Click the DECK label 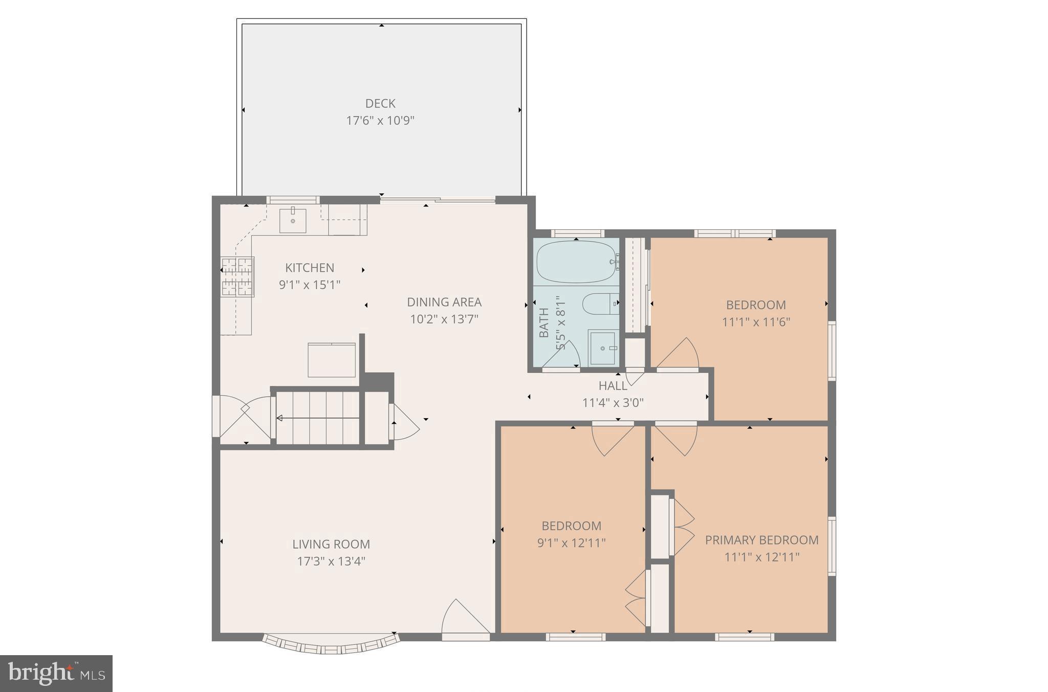[380, 103]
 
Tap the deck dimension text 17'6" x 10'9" [380, 121]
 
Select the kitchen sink [293, 221]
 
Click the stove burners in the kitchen [237, 277]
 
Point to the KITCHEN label [310, 268]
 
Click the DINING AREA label [444, 302]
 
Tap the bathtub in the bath [576, 262]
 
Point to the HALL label [613, 385]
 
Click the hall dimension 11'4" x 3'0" [613, 403]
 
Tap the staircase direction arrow [317, 418]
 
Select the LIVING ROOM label [331, 544]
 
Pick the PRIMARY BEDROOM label [761, 540]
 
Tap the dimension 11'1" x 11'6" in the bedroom [756, 322]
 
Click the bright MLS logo [56, 673]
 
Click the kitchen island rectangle [332, 360]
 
